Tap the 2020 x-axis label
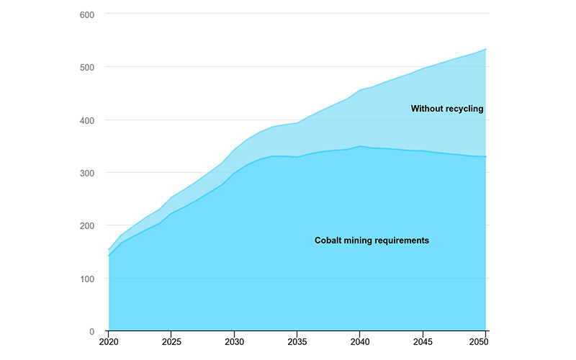pos(109,343)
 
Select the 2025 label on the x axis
pos(171,343)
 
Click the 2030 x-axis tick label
pos(235,343)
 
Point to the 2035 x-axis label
pos(297,343)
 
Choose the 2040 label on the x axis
pos(360,343)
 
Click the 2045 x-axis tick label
pos(423,343)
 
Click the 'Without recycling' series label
pos(447,109)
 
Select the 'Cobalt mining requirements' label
pos(372,240)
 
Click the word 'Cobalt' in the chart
pos(328,240)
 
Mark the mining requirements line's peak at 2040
pos(360,146)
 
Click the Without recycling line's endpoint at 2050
pos(486,49)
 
